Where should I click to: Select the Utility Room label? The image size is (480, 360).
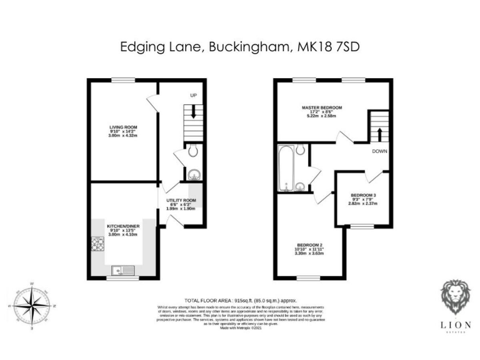pyautogui.click(x=181, y=201)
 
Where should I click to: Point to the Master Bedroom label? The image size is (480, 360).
pyautogui.click(x=322, y=107)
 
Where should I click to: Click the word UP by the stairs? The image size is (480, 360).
pyautogui.click(x=194, y=96)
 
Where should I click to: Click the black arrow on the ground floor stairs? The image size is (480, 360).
pyautogui.click(x=194, y=112)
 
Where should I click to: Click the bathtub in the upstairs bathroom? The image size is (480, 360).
pyautogui.click(x=286, y=168)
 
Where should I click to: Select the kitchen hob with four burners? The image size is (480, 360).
pyautogui.click(x=98, y=243)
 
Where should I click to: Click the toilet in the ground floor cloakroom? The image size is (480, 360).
pyautogui.click(x=192, y=150)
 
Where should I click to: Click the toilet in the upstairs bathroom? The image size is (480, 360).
pyautogui.click(x=301, y=149)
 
